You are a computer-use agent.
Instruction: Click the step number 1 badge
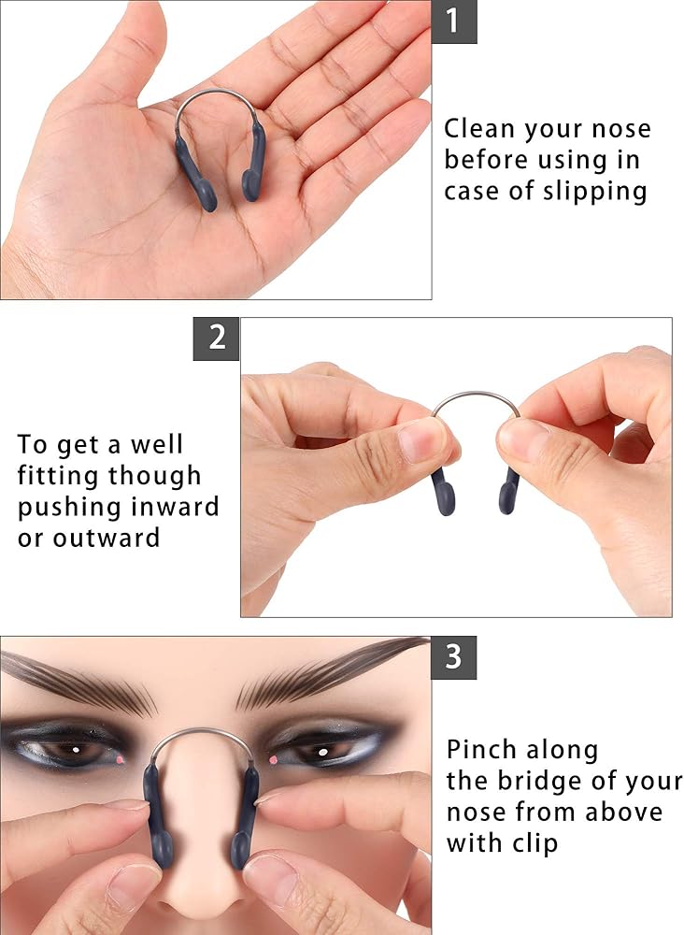point(454,22)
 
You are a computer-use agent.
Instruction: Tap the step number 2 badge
point(216,338)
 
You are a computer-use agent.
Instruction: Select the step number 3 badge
point(454,657)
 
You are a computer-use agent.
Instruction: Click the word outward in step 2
point(106,538)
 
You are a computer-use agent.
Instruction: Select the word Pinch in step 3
point(479,749)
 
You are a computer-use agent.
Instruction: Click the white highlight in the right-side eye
point(322,752)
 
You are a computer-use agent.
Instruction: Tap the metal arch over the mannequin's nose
point(203,737)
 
